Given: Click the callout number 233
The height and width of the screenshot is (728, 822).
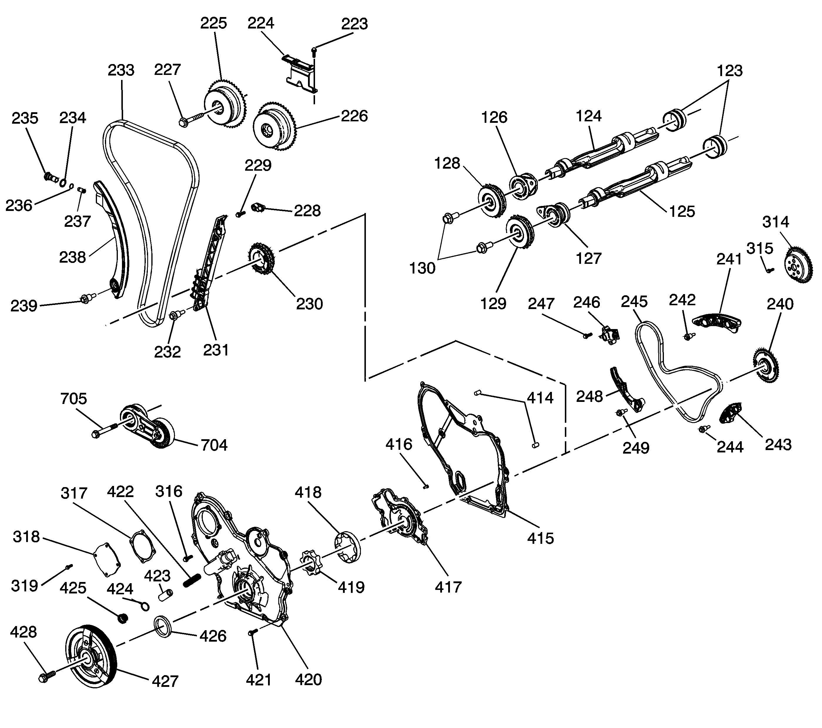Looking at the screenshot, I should pyautogui.click(x=121, y=70).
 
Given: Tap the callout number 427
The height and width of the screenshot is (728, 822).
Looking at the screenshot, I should pyautogui.click(x=165, y=681).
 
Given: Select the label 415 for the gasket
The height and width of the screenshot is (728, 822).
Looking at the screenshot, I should pyautogui.click(x=540, y=538).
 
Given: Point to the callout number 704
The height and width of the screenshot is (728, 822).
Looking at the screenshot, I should pyautogui.click(x=214, y=445).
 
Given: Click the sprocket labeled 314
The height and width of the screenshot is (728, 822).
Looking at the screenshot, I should pyautogui.click(x=798, y=266).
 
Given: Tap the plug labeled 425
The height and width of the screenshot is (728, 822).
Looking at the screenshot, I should pyautogui.click(x=122, y=618).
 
